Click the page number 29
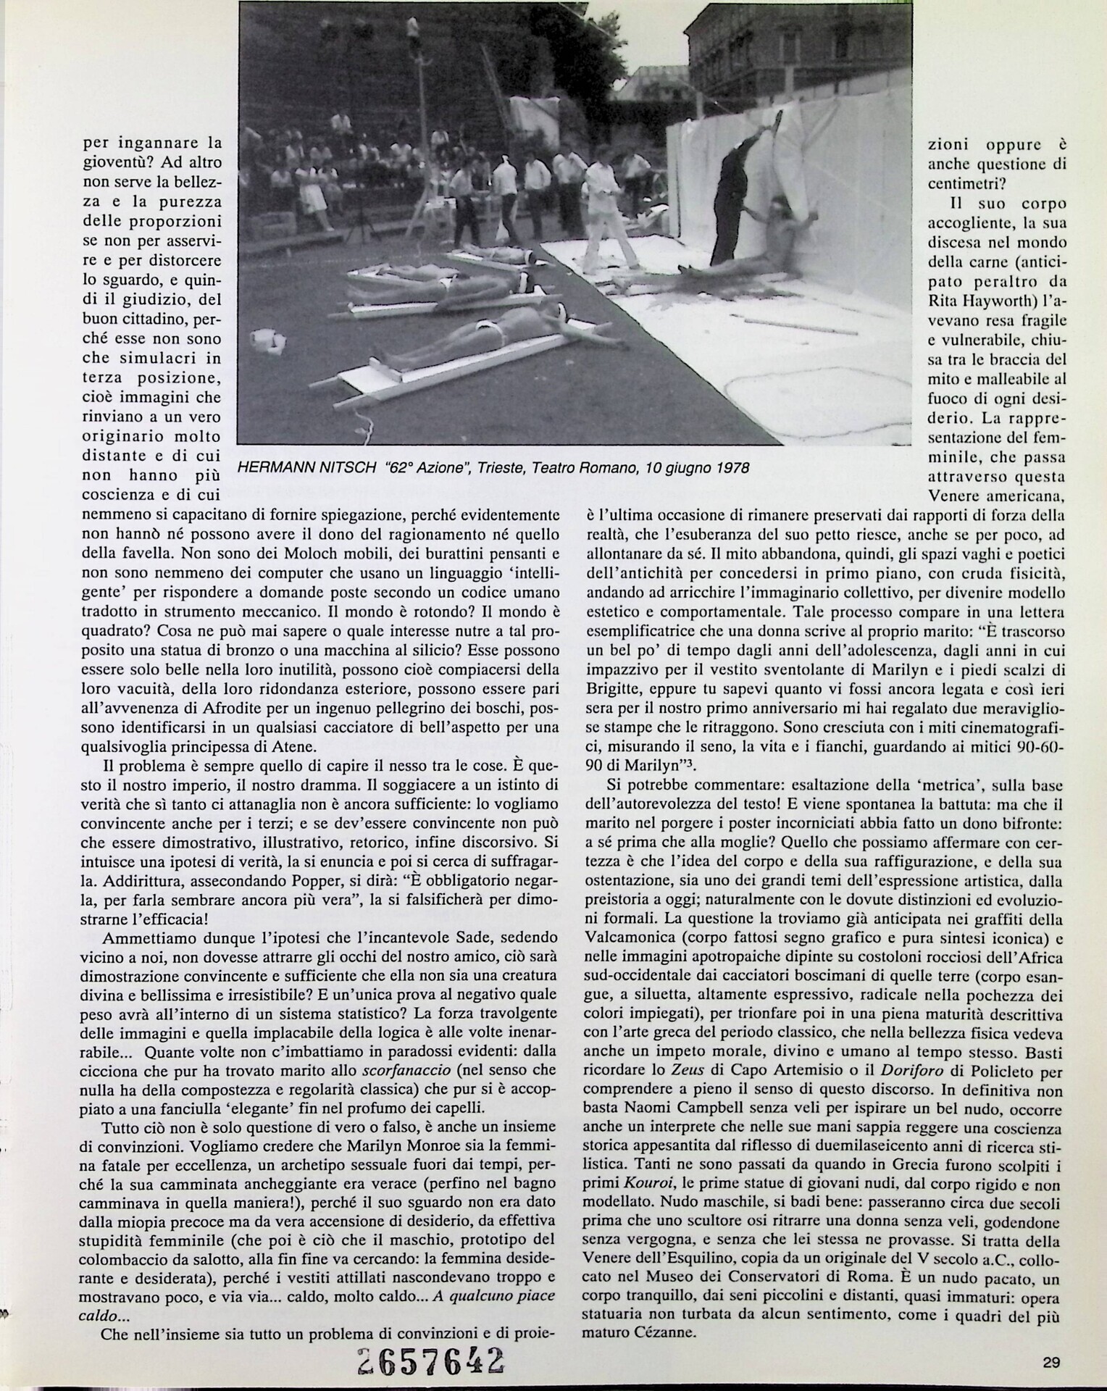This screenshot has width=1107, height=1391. click(1051, 1362)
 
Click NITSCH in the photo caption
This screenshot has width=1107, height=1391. click(336, 468)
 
